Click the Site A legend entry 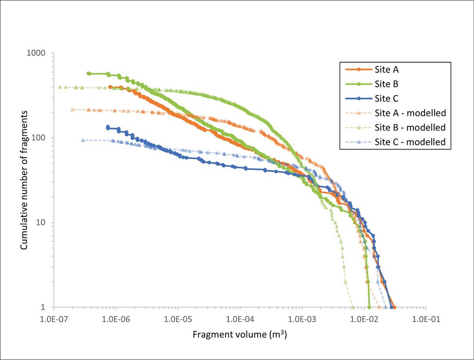[387, 69]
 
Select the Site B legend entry [387, 83]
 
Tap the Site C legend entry [387, 98]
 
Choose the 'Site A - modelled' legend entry [410, 113]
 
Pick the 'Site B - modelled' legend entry [410, 128]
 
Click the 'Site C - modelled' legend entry [410, 142]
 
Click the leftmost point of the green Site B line [88, 74]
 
